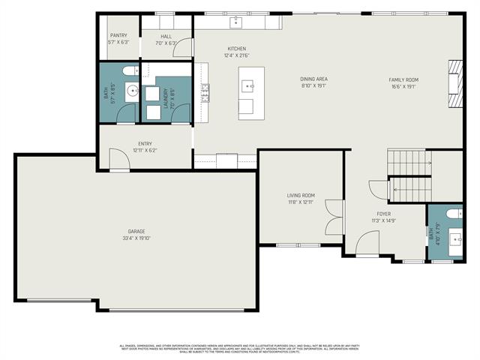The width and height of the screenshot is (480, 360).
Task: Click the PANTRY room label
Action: coord(118,35)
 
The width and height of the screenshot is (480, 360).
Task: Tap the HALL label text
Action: coord(166,35)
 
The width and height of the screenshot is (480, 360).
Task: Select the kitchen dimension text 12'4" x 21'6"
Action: coord(237,55)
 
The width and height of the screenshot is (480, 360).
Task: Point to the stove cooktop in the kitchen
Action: coord(204,92)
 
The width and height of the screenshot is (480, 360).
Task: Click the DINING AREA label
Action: coord(313,79)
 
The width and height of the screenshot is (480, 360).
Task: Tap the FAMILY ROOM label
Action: coord(403,79)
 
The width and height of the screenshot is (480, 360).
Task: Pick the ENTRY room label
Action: coord(145,143)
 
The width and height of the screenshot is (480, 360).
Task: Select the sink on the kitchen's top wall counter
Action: coord(235,20)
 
